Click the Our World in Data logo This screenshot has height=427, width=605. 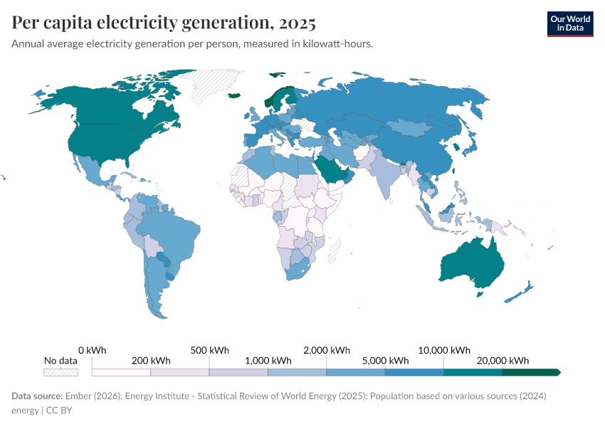tap(569, 23)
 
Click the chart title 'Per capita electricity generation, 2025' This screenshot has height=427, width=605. tap(164, 23)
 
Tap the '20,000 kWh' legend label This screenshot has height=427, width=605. tap(503, 360)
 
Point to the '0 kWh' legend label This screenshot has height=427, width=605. tap(93, 349)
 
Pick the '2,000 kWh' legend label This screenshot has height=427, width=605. tap(327, 349)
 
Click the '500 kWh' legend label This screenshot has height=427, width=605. tap(210, 349)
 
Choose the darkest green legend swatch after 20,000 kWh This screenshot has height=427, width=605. tap(530, 372)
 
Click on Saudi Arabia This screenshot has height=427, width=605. tap(330, 169)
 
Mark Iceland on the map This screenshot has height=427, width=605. tap(233, 95)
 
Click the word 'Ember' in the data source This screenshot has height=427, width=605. tap(77, 396)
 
